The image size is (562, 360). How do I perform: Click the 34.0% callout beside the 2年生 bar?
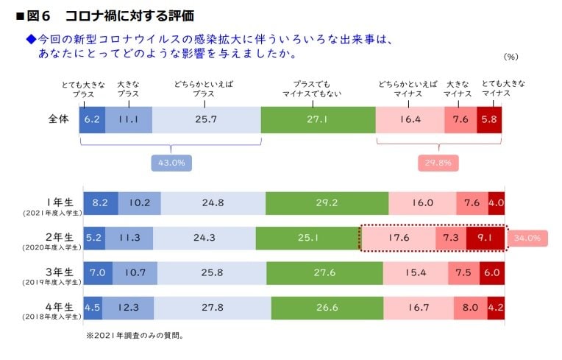pos(527,238)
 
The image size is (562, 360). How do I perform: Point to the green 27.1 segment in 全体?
pos(318,119)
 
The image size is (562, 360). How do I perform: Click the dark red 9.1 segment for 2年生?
pos(485,238)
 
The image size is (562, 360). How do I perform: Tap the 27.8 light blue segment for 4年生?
pos(213,308)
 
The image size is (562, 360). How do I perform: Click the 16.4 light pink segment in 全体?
pos(410,119)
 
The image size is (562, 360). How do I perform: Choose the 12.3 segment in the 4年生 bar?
pos(128,308)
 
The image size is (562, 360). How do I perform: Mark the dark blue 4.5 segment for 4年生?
pos(93,308)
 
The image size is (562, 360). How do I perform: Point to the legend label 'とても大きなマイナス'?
pos(502,89)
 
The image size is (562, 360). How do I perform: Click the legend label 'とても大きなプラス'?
pos(83,89)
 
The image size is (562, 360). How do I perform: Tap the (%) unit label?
pos(511,57)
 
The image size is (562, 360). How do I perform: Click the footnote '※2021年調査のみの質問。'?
pos(134,336)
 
